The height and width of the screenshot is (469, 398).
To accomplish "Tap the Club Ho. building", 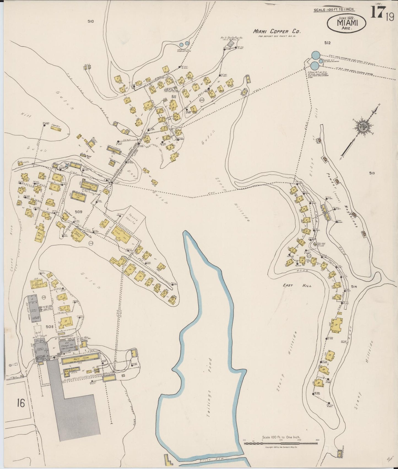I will pos(120,233).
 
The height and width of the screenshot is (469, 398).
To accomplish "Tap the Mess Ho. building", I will pos(40,235).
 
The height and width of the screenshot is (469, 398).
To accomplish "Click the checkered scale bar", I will pos(281,443).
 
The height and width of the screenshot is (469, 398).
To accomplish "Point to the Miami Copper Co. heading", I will pos(277,31).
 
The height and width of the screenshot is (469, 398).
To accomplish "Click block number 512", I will pos(327,43).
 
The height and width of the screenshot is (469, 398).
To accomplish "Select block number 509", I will pos(78,212).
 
